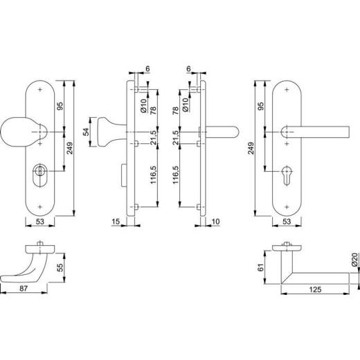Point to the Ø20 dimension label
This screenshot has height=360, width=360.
(353, 260)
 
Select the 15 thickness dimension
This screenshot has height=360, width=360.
(115, 221)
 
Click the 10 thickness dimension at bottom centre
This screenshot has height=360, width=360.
(216, 221)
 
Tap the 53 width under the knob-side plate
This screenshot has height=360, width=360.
(42, 222)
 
